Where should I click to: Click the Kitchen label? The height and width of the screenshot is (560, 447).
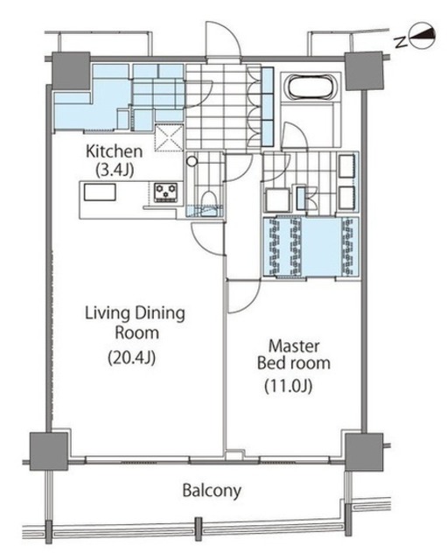tap(115, 151)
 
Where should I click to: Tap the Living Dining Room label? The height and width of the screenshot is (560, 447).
tap(136, 323)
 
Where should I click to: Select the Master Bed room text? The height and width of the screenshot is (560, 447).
tap(294, 354)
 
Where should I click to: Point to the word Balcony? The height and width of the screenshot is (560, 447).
tap(212, 491)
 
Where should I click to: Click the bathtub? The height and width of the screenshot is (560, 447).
tap(311, 87)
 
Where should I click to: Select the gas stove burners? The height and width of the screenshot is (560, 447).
tap(165, 192)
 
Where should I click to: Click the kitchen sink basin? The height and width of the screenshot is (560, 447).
tap(100, 192)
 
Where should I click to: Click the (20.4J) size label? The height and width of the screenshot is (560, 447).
tap(132, 357)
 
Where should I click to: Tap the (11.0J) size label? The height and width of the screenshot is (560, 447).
tap(289, 386)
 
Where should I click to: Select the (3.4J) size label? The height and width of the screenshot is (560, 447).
tap(115, 170)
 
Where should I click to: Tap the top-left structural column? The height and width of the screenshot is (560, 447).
tap(71, 71)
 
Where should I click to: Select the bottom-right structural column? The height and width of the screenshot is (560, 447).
tap(364, 451)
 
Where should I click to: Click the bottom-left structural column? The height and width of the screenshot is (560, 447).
tap(49, 451)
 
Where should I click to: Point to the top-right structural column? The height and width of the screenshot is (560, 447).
tap(364, 71)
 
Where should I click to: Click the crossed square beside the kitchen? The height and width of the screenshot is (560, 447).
tap(169, 137)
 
